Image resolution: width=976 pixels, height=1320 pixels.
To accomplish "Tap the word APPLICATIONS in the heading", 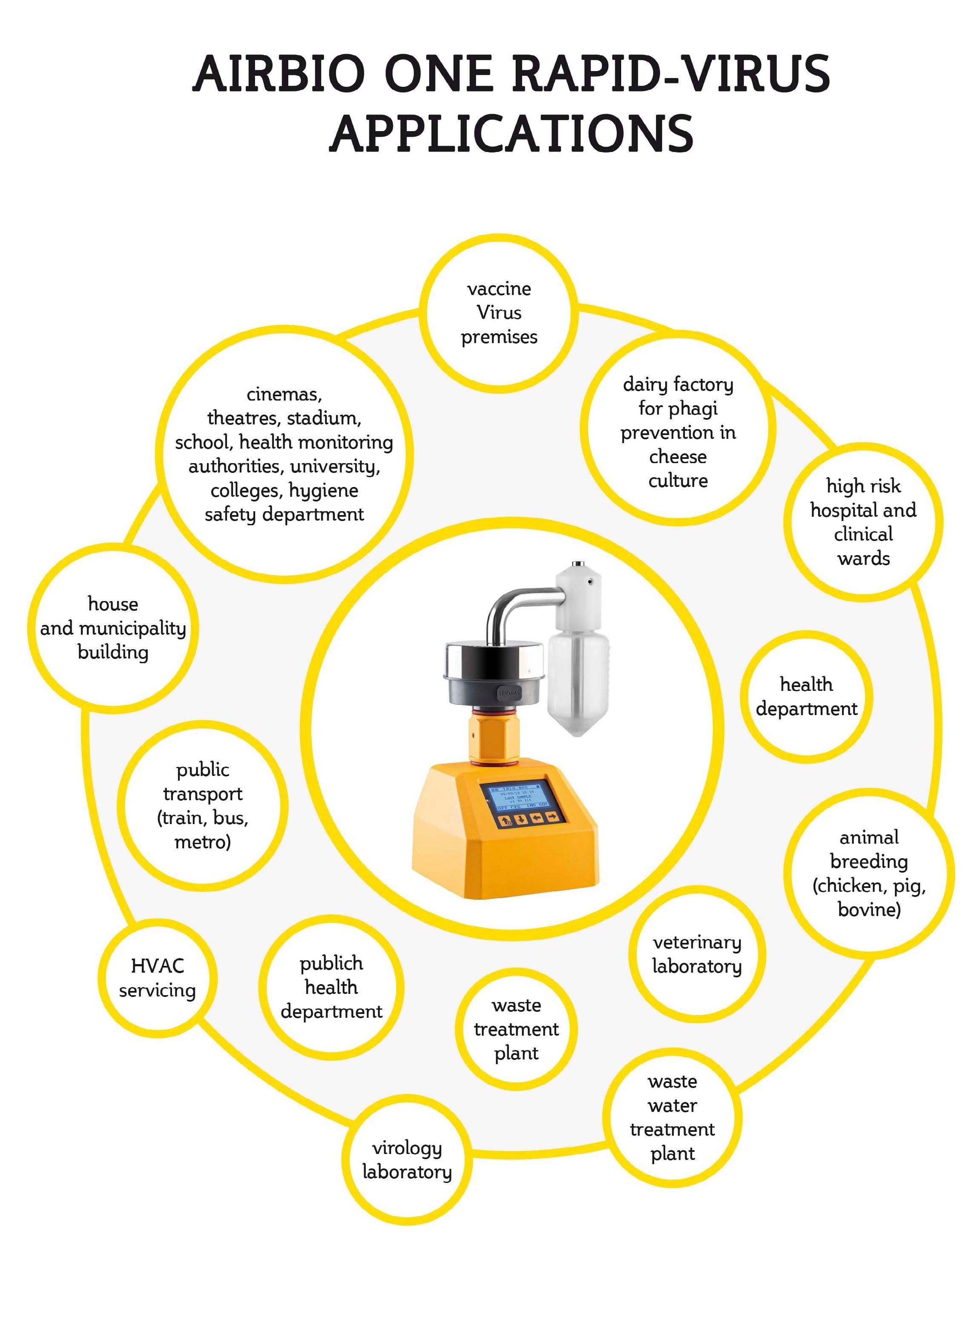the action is click(x=512, y=134).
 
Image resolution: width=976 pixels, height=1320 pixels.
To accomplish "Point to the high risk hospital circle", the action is click(x=863, y=522).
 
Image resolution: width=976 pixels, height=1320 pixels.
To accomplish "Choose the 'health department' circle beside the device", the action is click(x=807, y=696).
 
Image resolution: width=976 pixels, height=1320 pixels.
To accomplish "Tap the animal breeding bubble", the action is click(x=869, y=873).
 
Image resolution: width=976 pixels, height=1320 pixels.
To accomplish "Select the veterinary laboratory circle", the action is click(x=697, y=954).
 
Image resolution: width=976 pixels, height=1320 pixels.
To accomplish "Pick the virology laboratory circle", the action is click(x=407, y=1160).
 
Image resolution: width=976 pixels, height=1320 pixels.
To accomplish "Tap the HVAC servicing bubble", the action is click(x=157, y=978).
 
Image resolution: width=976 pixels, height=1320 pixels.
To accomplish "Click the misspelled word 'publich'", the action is click(x=332, y=963).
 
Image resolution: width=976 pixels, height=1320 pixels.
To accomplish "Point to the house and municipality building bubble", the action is click(x=113, y=627).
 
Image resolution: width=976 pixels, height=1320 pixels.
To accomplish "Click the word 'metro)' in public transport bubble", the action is click(x=203, y=842).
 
